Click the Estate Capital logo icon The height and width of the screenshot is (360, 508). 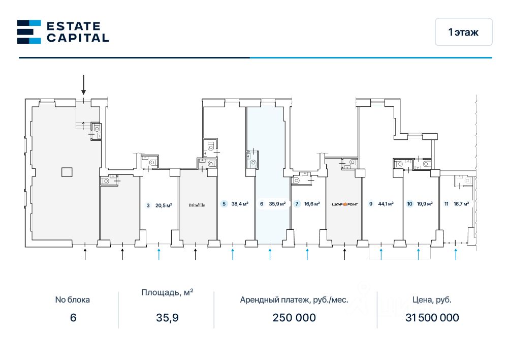pyautogui.click(x=29, y=32)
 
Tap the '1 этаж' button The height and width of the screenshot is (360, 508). pyautogui.click(x=463, y=32)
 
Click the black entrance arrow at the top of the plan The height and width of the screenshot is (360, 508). pyautogui.click(x=84, y=84)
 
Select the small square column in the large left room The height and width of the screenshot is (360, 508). pyautogui.click(x=67, y=172)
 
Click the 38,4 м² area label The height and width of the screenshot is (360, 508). pyautogui.click(x=239, y=204)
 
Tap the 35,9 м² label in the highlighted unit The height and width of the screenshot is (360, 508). pyautogui.click(x=277, y=204)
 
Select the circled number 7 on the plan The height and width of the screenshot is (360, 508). pyautogui.click(x=297, y=204)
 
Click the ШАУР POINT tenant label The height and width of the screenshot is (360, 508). pyautogui.click(x=345, y=204)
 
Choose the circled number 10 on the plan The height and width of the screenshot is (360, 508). pyautogui.click(x=409, y=204)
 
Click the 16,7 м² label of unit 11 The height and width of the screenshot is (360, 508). pyautogui.click(x=461, y=204)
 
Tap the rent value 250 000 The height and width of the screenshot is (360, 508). pyautogui.click(x=294, y=318)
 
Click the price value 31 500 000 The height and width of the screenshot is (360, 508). pyautogui.click(x=432, y=318)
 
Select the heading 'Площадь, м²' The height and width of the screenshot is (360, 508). pyautogui.click(x=167, y=292)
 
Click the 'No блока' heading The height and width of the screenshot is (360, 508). pyautogui.click(x=73, y=299)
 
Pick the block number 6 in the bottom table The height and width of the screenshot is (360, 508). pyautogui.click(x=73, y=318)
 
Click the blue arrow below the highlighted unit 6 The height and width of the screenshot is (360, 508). pyautogui.click(x=270, y=253)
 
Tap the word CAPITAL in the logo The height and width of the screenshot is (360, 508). pyautogui.click(x=77, y=38)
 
